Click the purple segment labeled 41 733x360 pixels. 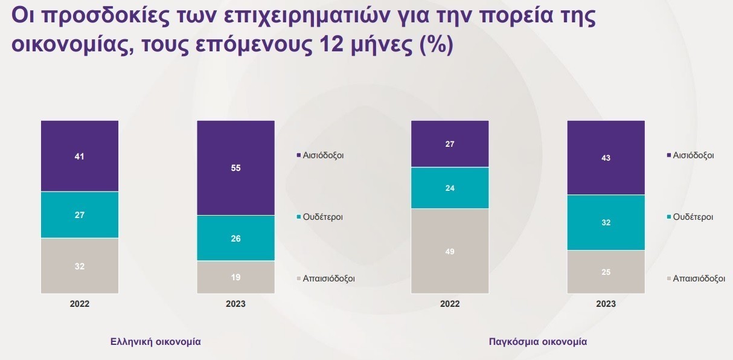[80, 156]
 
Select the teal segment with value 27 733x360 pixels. [80, 214]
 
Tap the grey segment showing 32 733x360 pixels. [80, 266]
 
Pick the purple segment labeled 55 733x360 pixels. [235, 168]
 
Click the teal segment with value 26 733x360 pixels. [235, 238]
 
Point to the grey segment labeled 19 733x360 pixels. [235, 277]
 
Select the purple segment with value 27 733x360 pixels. [450, 144]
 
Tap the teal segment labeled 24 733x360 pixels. [450, 188]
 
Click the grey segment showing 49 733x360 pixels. [450, 251]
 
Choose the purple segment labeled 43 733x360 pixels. [606, 158]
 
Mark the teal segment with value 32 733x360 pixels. [606, 222]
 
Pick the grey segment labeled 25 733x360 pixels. [606, 272]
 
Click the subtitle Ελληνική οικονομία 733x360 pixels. [156, 341]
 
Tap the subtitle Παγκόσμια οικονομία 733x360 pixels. [537, 341]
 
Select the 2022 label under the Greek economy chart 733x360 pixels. [80, 304]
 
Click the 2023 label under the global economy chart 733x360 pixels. [606, 304]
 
